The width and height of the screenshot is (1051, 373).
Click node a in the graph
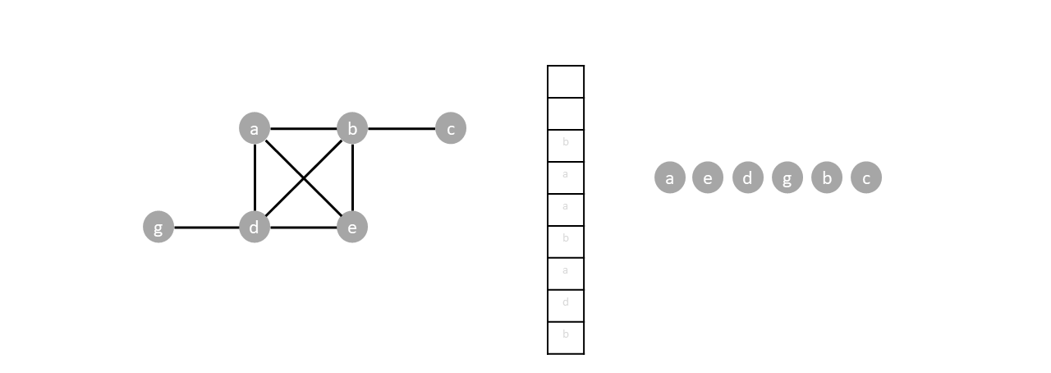pyautogui.click(x=255, y=128)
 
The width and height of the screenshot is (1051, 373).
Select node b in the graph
pyautogui.click(x=352, y=128)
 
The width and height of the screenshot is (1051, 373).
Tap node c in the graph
pyautogui.click(x=450, y=128)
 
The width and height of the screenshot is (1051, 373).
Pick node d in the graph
pyautogui.click(x=255, y=227)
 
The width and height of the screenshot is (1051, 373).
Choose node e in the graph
pyautogui.click(x=352, y=227)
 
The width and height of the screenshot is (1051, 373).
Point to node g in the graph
pyautogui.click(x=158, y=227)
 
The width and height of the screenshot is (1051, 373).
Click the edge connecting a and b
pyautogui.click(x=303, y=129)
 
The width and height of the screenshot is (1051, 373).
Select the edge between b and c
pyautogui.click(x=401, y=129)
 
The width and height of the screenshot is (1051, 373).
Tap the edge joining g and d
pyautogui.click(x=206, y=228)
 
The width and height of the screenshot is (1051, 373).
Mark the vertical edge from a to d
pyautogui.click(x=255, y=177)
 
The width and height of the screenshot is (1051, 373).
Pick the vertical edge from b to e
pyautogui.click(x=352, y=177)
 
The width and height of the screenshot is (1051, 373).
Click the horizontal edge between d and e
pyautogui.click(x=303, y=228)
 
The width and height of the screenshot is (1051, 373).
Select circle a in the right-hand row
pyautogui.click(x=670, y=177)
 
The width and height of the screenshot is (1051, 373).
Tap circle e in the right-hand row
pyautogui.click(x=708, y=177)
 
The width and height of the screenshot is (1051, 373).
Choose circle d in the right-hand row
pyautogui.click(x=747, y=177)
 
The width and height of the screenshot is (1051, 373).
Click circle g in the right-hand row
pyautogui.click(x=787, y=177)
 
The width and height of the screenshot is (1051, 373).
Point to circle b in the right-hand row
pyautogui.click(x=827, y=177)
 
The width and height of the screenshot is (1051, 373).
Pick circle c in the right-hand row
pyautogui.click(x=866, y=177)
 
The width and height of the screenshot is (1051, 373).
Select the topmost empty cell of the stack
pyautogui.click(x=566, y=81)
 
